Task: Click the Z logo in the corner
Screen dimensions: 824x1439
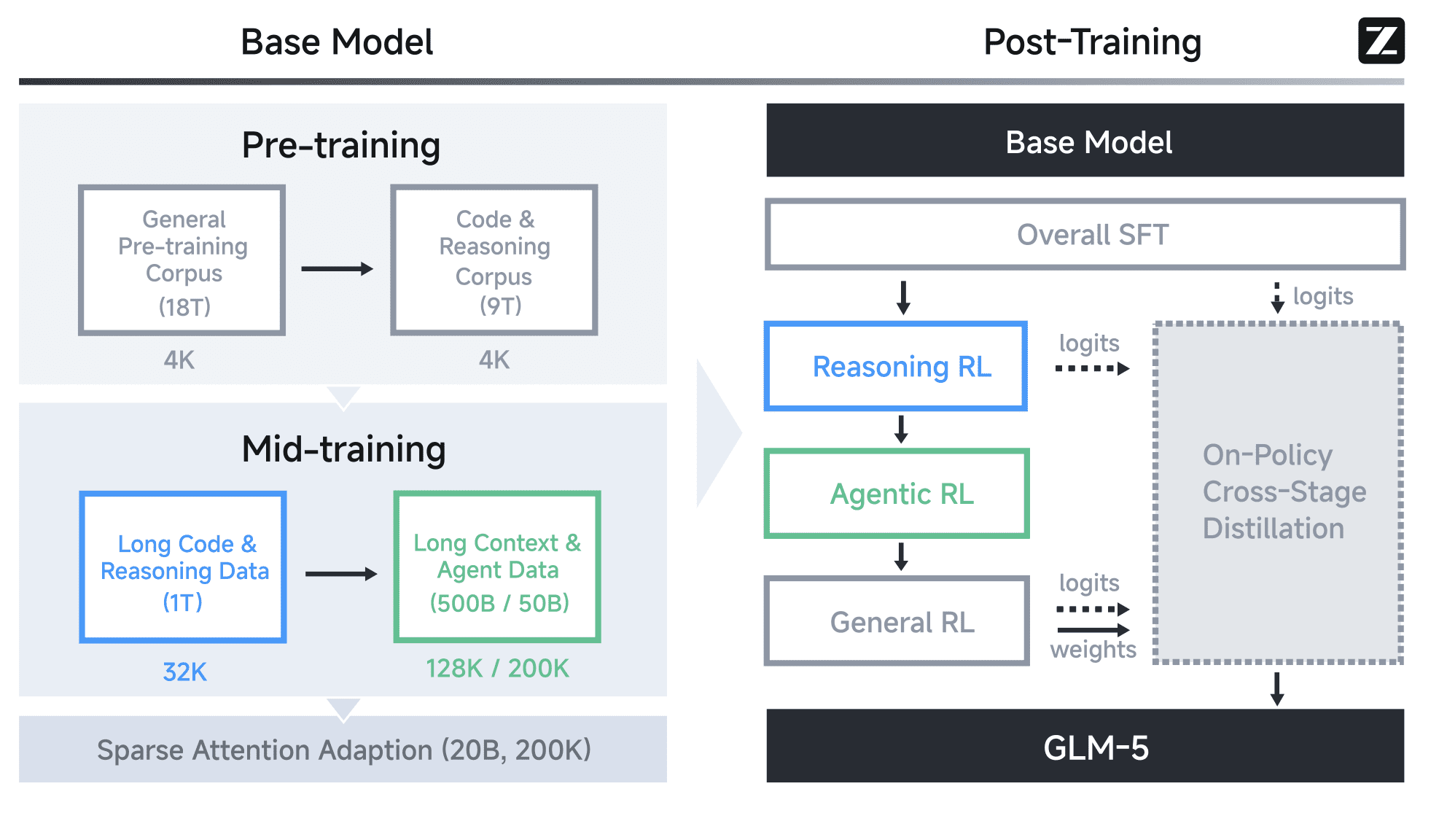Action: click(1381, 41)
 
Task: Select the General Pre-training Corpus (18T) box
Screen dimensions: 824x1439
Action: click(182, 260)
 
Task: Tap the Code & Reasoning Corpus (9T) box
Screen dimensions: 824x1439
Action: click(494, 260)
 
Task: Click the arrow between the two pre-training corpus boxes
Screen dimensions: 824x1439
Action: click(337, 269)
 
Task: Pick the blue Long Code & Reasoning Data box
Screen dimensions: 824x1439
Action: click(183, 567)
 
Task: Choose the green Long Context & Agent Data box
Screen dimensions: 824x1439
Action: click(497, 567)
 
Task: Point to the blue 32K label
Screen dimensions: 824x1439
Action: click(184, 672)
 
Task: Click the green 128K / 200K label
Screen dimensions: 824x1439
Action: click(497, 668)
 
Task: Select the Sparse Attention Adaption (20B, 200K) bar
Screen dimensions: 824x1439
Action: click(343, 750)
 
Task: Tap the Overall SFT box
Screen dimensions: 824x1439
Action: click(1085, 235)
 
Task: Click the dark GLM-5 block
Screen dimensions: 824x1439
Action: click(1085, 747)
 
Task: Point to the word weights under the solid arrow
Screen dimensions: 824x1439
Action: click(1093, 649)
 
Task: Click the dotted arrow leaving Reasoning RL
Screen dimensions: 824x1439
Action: click(1092, 369)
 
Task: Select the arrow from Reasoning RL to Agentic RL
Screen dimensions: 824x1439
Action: click(902, 430)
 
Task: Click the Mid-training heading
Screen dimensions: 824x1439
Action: click(343, 449)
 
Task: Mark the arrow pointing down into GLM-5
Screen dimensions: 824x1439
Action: click(1277, 689)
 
